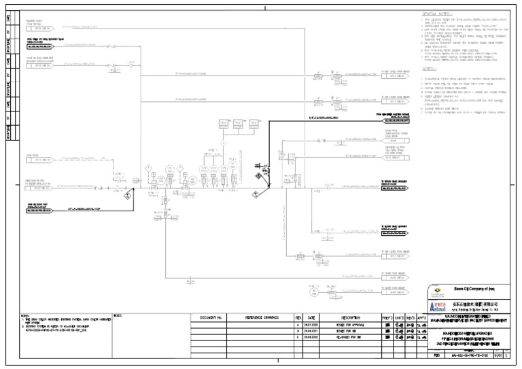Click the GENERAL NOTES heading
click(442, 14)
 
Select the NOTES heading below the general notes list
click(430, 69)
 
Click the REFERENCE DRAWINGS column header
click(258, 318)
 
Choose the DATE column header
click(311, 318)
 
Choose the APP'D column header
click(421, 318)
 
